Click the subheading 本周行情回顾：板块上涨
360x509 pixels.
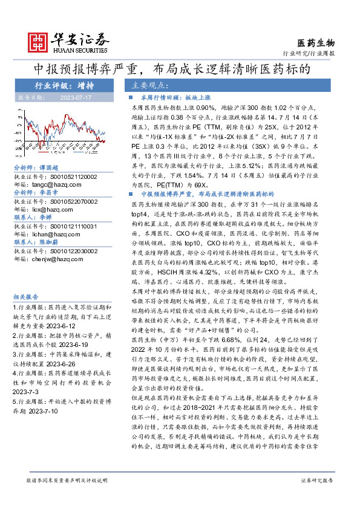click(170, 97)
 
